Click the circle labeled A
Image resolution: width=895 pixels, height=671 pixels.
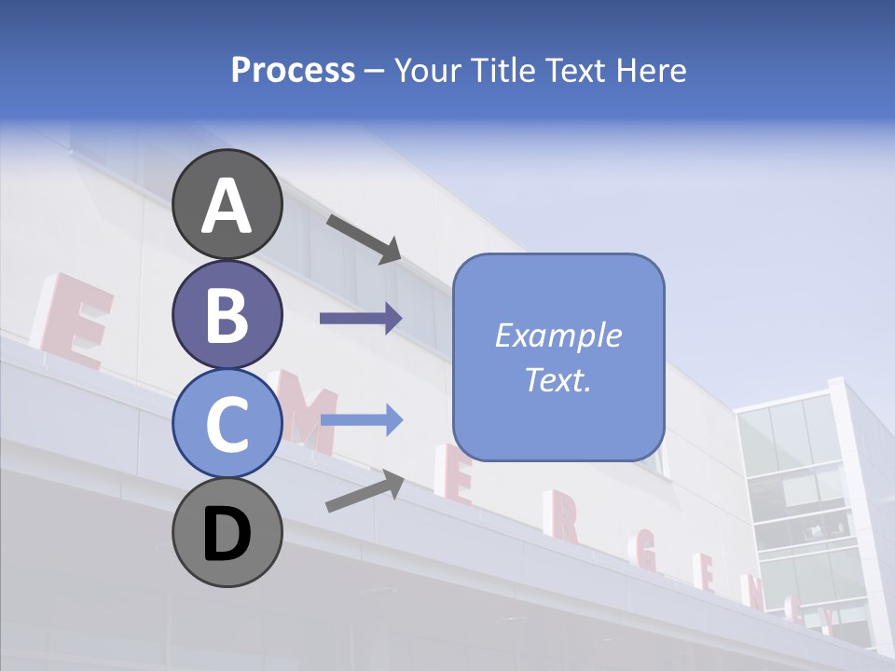pyautogui.click(x=227, y=205)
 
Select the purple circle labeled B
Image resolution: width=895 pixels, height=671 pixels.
pyautogui.click(x=227, y=314)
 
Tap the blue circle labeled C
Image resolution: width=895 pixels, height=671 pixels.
pyautogui.click(x=227, y=423)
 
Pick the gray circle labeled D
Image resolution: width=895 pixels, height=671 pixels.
pyautogui.click(x=227, y=532)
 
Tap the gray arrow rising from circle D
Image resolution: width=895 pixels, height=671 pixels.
pyautogui.click(x=365, y=491)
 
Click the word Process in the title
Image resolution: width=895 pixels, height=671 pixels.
pyautogui.click(x=293, y=70)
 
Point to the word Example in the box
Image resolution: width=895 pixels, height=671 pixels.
pyautogui.click(x=558, y=335)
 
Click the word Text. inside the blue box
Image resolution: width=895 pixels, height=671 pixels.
pyautogui.click(x=558, y=379)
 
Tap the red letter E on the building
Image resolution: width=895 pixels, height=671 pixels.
pyautogui.click(x=76, y=322)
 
